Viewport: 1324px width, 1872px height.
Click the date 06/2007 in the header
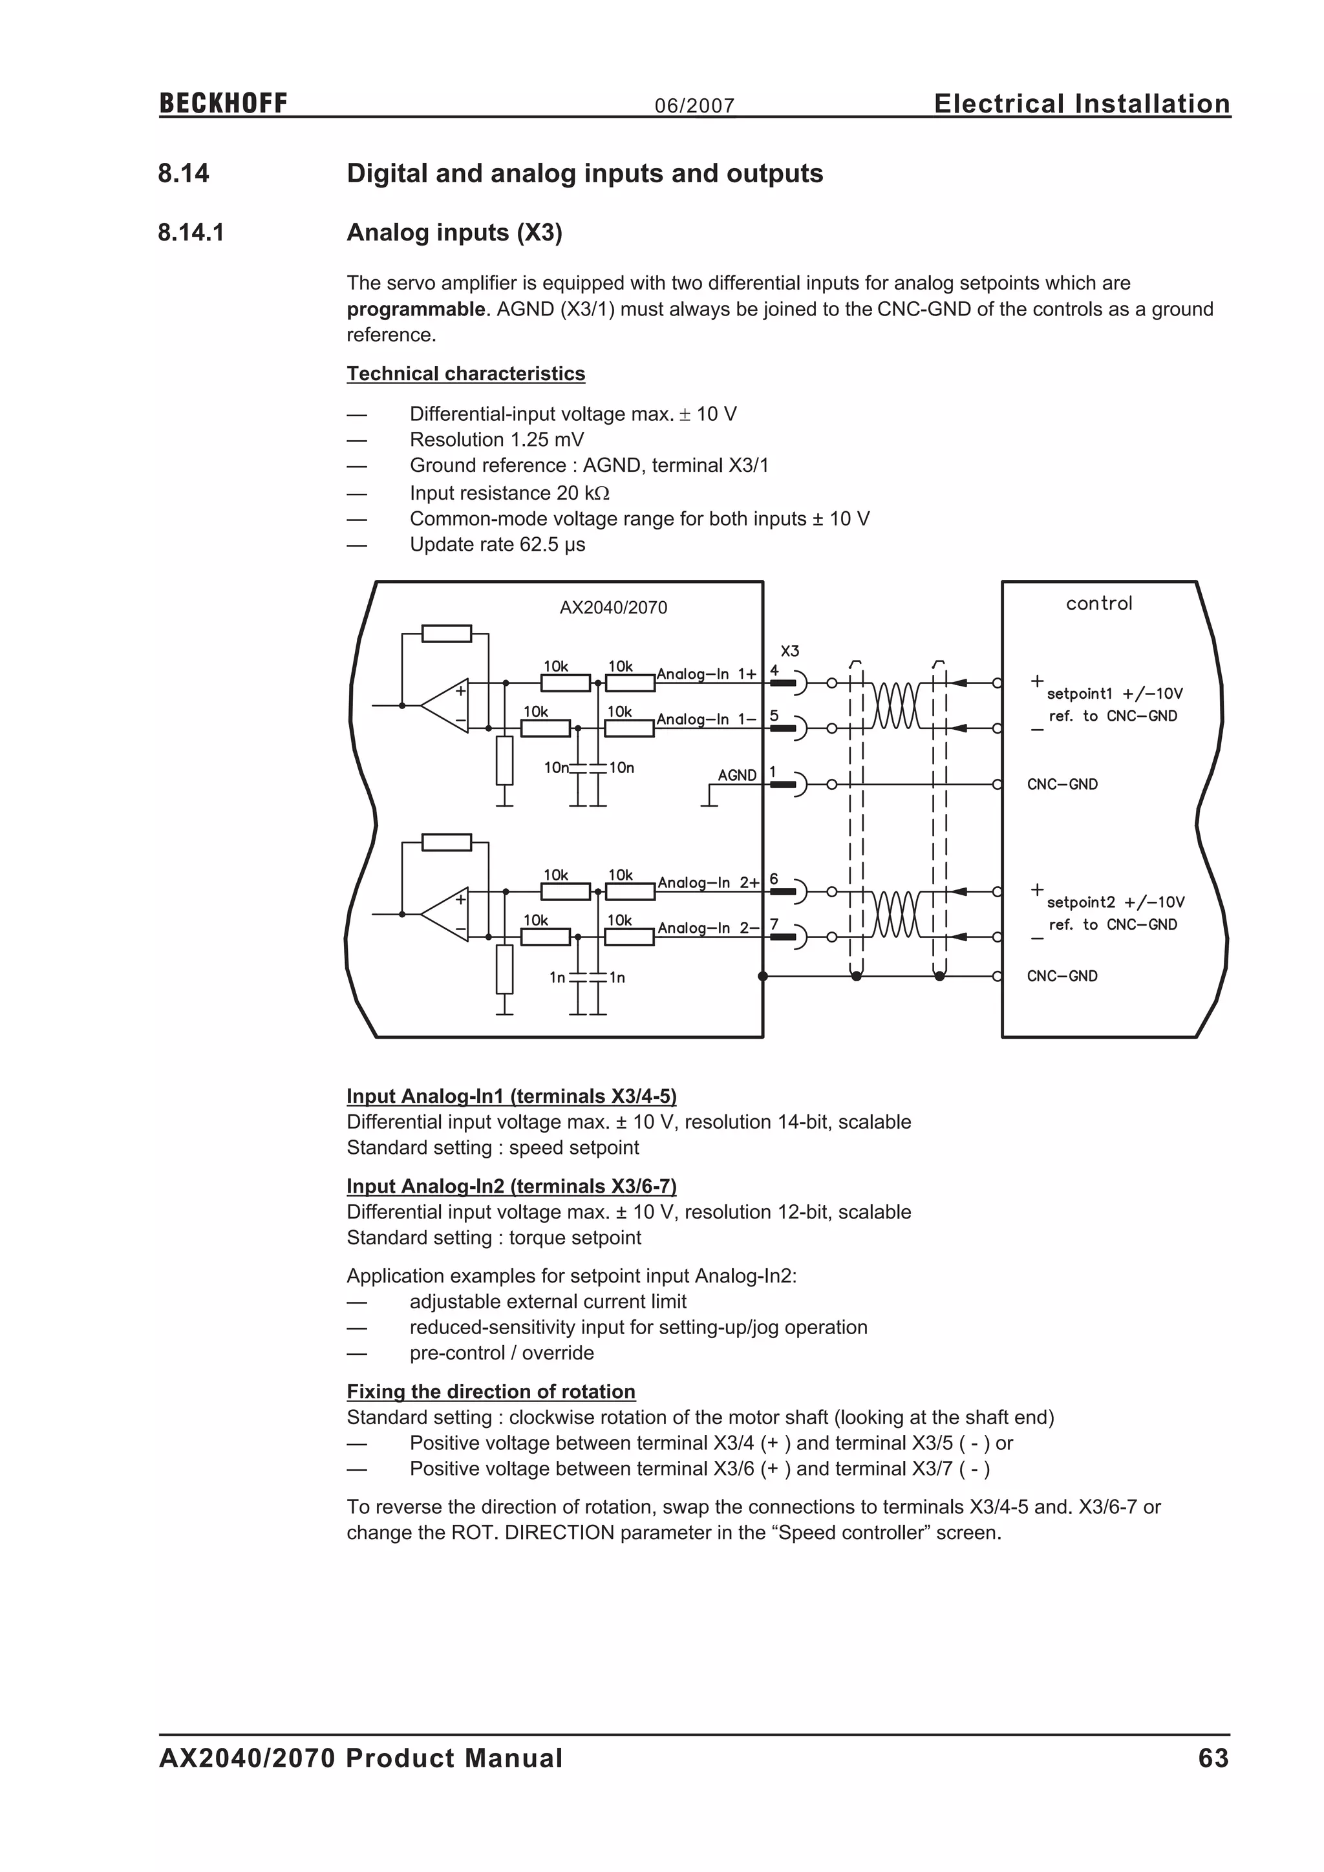coord(694,106)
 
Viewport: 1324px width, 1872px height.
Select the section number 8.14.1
coord(191,233)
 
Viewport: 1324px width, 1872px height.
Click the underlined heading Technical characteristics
coord(465,374)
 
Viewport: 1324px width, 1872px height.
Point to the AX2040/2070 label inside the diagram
coord(613,608)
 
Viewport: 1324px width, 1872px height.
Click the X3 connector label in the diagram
coord(790,651)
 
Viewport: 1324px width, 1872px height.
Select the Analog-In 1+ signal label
coord(707,674)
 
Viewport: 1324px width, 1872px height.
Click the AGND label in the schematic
coord(737,774)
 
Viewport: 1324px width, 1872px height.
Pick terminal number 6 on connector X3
coord(774,879)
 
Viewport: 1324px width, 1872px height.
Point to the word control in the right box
coord(1099,603)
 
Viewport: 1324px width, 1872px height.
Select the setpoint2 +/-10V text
coord(1115,902)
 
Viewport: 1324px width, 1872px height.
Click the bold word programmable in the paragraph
coord(416,309)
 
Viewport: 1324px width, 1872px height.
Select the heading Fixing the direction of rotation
coord(491,1391)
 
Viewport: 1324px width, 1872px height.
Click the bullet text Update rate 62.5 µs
coord(497,545)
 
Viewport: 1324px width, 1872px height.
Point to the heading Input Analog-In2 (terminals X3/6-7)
coord(511,1186)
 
